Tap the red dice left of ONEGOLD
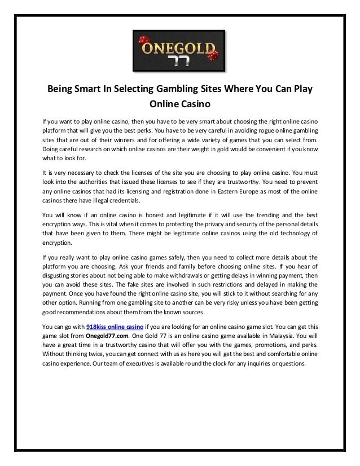(x=143, y=42)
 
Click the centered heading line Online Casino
(x=179, y=104)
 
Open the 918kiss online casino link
(x=115, y=327)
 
